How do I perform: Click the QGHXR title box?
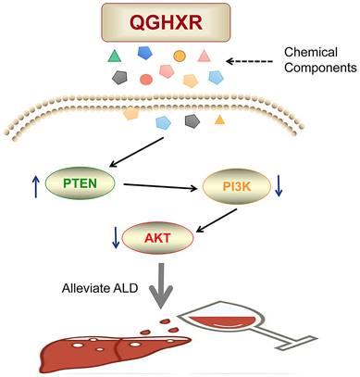[166, 22]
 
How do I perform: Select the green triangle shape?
[114, 57]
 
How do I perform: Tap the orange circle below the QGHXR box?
[180, 56]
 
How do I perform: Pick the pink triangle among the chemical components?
[204, 56]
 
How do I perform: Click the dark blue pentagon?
[145, 53]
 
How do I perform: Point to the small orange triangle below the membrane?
[219, 119]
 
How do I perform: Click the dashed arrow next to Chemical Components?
[249, 61]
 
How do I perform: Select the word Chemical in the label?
[311, 52]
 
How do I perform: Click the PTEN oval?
[81, 183]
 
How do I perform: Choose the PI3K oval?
[237, 186]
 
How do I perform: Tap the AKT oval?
[157, 238]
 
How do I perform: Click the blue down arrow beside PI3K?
[279, 186]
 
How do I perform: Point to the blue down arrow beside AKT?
[116, 237]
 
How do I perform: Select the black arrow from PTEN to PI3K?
[160, 187]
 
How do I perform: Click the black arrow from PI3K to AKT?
[217, 220]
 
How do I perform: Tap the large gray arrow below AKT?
[161, 286]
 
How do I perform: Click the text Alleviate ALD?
[100, 288]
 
